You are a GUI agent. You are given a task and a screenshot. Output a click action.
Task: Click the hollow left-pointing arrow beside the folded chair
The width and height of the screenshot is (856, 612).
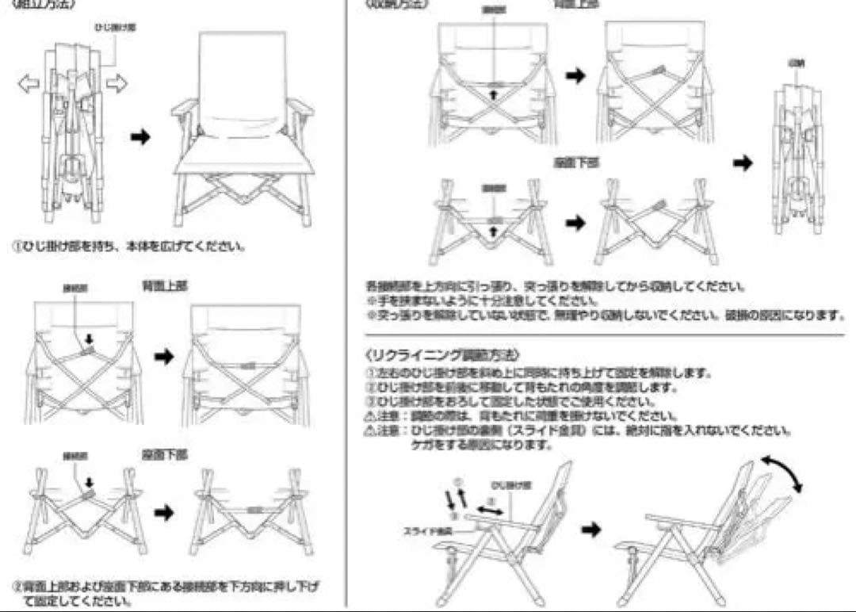coord(29,83)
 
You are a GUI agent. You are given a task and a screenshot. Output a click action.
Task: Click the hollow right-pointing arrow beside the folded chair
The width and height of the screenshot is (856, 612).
coord(117,83)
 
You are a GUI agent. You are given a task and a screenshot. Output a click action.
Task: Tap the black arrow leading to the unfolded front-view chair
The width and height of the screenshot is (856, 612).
coord(140,137)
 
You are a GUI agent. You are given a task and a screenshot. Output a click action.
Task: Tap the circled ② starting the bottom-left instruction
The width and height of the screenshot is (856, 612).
coord(17,587)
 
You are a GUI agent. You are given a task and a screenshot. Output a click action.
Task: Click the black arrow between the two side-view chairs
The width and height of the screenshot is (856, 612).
coord(590,529)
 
